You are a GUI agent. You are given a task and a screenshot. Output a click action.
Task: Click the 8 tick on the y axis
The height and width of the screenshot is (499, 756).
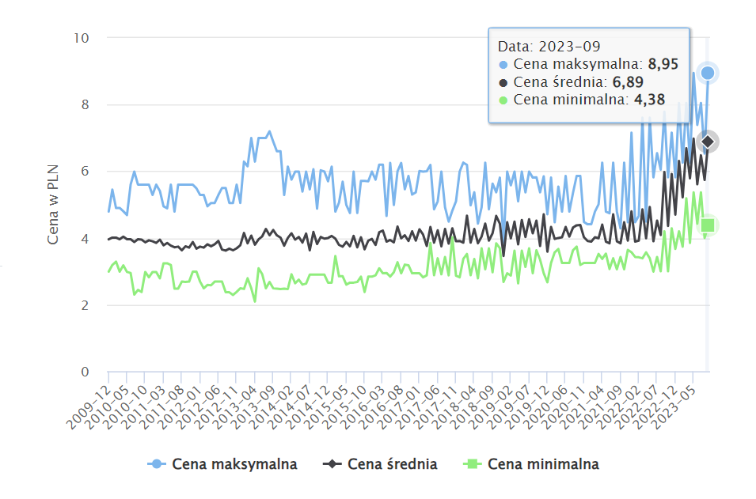point(84,104)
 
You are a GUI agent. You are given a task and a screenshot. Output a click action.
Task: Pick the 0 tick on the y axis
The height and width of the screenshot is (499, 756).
point(84,372)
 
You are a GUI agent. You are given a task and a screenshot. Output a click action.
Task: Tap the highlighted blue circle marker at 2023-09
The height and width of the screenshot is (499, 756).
point(708,73)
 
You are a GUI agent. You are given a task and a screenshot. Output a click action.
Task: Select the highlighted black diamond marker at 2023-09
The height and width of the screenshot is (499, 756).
point(708,142)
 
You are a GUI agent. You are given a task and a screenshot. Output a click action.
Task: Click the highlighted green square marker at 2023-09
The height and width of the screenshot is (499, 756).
point(708,225)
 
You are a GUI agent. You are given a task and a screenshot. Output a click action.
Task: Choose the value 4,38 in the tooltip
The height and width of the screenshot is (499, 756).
point(649,100)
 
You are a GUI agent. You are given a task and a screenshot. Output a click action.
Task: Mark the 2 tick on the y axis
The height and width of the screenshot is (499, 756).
point(84,305)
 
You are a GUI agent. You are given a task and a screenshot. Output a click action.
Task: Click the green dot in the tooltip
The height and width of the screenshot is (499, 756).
point(503,100)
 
